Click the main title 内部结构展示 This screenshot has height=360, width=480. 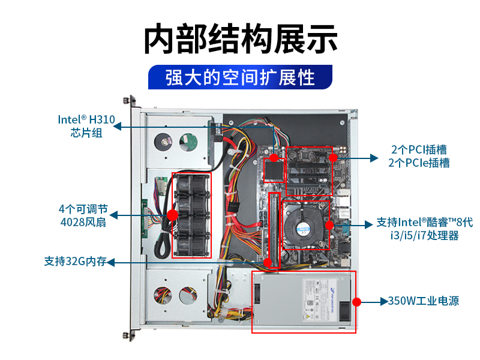pyautogui.click(x=241, y=39)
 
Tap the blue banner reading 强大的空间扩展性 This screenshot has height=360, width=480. pyautogui.click(x=241, y=77)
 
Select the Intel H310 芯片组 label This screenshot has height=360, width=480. pyautogui.click(x=86, y=126)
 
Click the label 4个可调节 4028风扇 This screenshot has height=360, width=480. pyautogui.click(x=83, y=215)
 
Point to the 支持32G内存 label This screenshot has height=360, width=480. pyautogui.click(x=76, y=261)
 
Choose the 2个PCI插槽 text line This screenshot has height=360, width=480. pyautogui.click(x=419, y=149)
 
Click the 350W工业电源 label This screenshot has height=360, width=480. pyautogui.click(x=424, y=301)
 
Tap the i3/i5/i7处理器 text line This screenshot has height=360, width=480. pyautogui.click(x=425, y=235)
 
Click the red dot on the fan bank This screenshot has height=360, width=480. pyautogui.click(x=172, y=215)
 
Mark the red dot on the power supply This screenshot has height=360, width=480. pyautogui.click(x=356, y=302)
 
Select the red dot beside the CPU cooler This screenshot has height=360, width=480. pyautogui.click(x=329, y=226)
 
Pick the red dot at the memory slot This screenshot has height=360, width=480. pyautogui.click(x=268, y=262)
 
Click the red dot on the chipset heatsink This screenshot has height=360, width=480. pyautogui.click(x=274, y=158)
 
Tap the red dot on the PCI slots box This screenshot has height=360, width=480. pyautogui.click(x=333, y=158)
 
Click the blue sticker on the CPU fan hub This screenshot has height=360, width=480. pyautogui.click(x=304, y=229)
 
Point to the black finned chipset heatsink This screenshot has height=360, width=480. pyautogui.click(x=274, y=171)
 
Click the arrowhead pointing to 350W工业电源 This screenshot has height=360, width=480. pyautogui.click(x=384, y=302)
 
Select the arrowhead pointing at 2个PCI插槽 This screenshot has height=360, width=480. pyautogui.click(x=374, y=158)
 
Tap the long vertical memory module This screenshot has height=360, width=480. pyautogui.click(x=274, y=230)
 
